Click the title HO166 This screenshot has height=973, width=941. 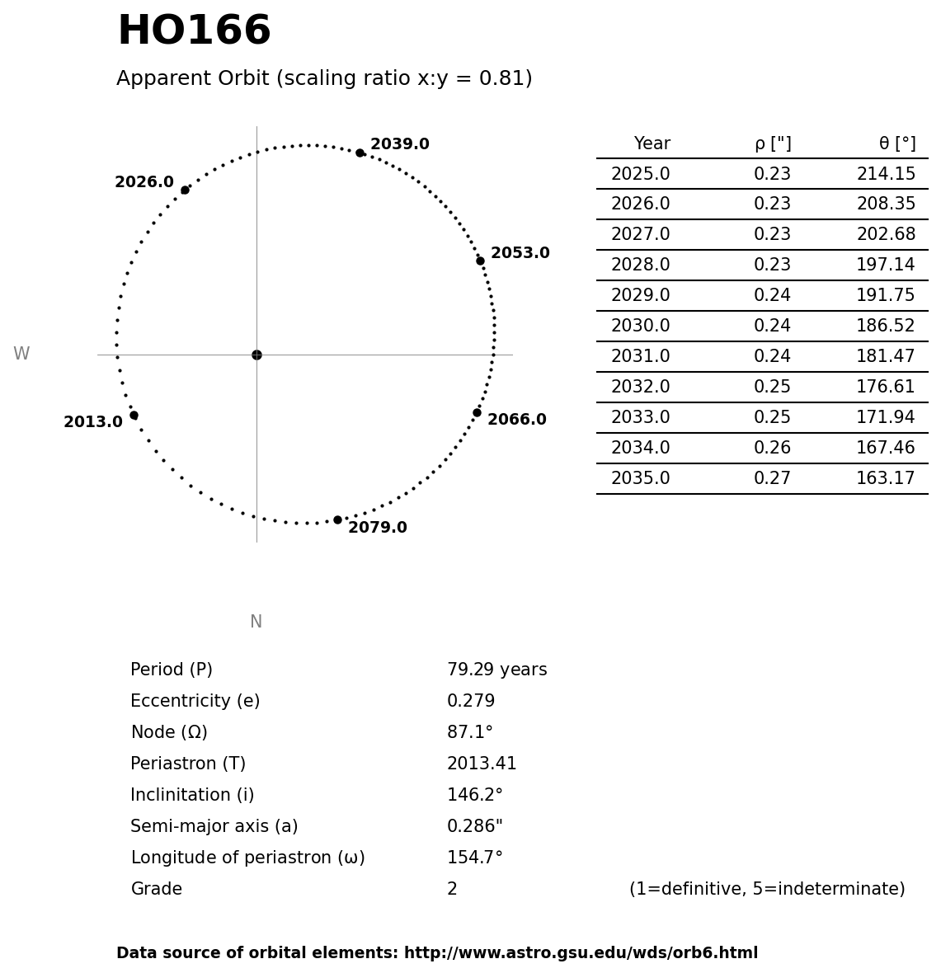(x=194, y=31)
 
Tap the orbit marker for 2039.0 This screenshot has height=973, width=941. (x=360, y=153)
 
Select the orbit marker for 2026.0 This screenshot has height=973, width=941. (x=185, y=190)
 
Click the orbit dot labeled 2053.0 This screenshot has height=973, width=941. (x=480, y=261)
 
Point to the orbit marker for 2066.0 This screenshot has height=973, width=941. (x=477, y=412)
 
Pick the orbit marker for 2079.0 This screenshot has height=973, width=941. (x=337, y=519)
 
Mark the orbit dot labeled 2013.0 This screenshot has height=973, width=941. (x=134, y=415)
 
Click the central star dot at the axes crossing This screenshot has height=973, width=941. (x=256, y=355)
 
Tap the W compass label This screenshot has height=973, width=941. (x=21, y=354)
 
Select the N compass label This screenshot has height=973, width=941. (x=256, y=622)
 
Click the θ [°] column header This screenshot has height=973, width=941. (x=897, y=143)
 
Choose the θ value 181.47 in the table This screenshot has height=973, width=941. (x=886, y=357)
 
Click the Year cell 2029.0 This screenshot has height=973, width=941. (x=640, y=296)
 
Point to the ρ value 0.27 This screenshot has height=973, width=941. (x=772, y=479)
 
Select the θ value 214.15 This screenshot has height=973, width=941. (x=886, y=175)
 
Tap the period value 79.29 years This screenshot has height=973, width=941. (x=496, y=670)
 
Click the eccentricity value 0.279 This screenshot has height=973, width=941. (x=471, y=702)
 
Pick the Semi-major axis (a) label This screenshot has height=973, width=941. (x=214, y=827)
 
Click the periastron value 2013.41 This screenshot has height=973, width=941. (x=482, y=764)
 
